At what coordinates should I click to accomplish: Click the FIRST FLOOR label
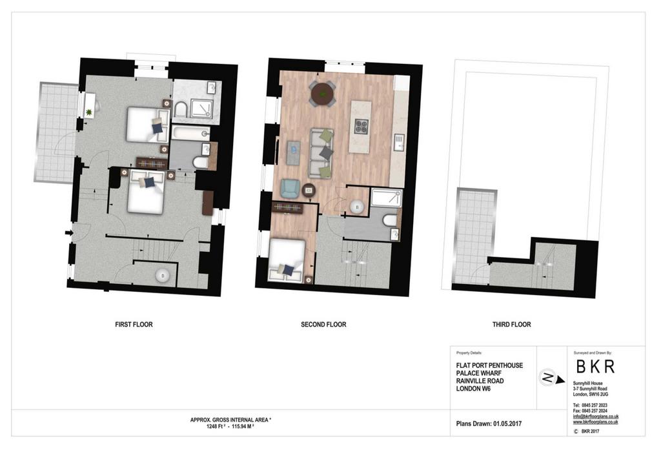pyautogui.click(x=134, y=324)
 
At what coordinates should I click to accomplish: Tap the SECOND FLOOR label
pyautogui.click(x=323, y=324)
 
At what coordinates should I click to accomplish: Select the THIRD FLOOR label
pyautogui.click(x=511, y=324)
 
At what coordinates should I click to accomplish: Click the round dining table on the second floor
pyautogui.click(x=323, y=92)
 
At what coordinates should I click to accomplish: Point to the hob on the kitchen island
pyautogui.click(x=361, y=127)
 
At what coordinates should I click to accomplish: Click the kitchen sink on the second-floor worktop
pyautogui.click(x=399, y=142)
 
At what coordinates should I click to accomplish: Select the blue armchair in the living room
pyautogui.click(x=290, y=188)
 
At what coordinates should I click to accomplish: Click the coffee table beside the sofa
pyautogui.click(x=294, y=152)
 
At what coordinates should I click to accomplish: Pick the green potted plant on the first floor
pyautogui.click(x=89, y=112)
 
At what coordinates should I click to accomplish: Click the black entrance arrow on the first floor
pyautogui.click(x=68, y=232)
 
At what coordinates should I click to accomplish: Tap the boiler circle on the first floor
pyautogui.click(x=163, y=276)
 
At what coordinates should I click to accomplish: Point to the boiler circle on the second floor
pyautogui.click(x=357, y=207)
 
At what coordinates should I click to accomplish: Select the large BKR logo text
pyautogui.click(x=595, y=366)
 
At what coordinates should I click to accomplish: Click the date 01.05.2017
pyautogui.click(x=507, y=424)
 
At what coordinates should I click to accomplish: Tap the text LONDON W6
pyautogui.click(x=473, y=388)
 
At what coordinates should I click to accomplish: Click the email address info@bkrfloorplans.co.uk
pyautogui.click(x=596, y=416)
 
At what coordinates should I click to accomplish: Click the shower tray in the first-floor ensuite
pyautogui.click(x=201, y=108)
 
